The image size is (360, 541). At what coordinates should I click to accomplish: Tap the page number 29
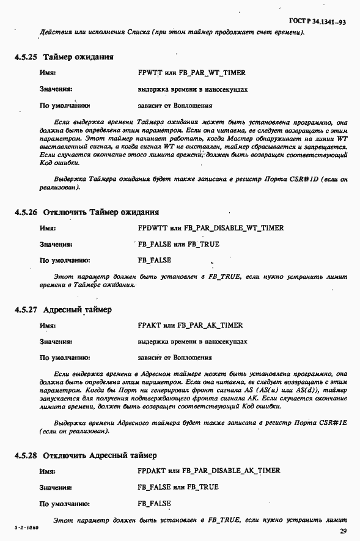click(x=343, y=531)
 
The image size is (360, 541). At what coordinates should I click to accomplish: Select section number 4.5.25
click(x=25, y=57)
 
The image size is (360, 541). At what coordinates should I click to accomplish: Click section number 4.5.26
click(x=25, y=212)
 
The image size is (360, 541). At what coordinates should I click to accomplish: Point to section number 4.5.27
click(x=25, y=309)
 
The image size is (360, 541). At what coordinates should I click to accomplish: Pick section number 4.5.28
click(x=25, y=455)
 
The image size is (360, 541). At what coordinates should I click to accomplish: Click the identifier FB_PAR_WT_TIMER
click(x=212, y=73)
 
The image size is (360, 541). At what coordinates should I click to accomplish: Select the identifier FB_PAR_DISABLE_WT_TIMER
click(x=232, y=228)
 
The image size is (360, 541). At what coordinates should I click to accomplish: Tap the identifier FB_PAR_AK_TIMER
click(x=211, y=325)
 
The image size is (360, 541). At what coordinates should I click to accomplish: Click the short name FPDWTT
click(x=152, y=228)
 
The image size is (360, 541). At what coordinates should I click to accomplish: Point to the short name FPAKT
click(x=150, y=325)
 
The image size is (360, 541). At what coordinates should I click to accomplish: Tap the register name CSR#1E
click(x=334, y=422)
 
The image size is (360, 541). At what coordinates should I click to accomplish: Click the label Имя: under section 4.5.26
click(x=48, y=228)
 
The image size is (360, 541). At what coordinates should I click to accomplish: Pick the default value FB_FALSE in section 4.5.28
click(x=155, y=504)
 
